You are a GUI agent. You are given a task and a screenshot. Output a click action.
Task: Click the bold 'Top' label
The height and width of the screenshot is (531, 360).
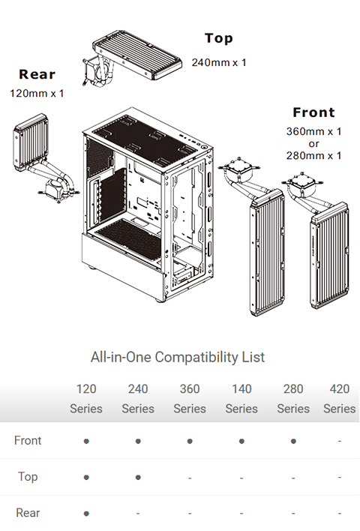(x=218, y=38)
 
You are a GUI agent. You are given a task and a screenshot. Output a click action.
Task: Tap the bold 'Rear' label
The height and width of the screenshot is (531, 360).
(x=37, y=74)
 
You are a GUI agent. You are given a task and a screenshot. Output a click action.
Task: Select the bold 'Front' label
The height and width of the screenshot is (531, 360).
(x=313, y=112)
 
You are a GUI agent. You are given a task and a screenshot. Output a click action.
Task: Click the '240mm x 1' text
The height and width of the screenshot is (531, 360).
(x=219, y=62)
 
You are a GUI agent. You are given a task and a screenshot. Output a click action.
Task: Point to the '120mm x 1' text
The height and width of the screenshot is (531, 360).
(x=37, y=94)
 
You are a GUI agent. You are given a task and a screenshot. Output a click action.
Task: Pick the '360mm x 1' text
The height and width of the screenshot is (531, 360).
(x=313, y=131)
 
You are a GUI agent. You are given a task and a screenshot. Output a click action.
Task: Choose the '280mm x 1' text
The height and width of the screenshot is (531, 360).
(x=313, y=155)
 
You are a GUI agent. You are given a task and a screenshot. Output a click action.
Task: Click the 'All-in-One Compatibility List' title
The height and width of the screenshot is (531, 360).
(x=177, y=356)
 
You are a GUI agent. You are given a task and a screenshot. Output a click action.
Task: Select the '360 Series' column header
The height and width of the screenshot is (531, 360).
(x=190, y=399)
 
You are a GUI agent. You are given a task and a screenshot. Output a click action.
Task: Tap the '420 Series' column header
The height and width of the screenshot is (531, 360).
(x=339, y=399)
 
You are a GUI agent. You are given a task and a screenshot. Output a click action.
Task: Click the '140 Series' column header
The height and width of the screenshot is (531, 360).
(x=241, y=399)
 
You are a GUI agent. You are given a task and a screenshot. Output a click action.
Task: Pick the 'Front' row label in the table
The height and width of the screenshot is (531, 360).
(x=28, y=440)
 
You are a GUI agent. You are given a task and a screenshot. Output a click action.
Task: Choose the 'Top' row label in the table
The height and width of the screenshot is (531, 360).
(x=28, y=476)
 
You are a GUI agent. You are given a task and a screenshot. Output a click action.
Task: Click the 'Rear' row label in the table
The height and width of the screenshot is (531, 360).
(x=28, y=513)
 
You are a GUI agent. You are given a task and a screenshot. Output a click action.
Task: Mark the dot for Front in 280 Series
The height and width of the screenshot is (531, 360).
(x=293, y=441)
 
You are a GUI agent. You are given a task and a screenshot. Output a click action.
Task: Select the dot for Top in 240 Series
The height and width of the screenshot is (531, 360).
(x=138, y=477)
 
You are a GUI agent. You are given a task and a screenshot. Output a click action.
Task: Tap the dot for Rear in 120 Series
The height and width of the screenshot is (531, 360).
(x=86, y=514)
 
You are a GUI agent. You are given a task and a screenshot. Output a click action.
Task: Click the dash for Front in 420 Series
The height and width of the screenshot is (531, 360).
(x=339, y=441)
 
